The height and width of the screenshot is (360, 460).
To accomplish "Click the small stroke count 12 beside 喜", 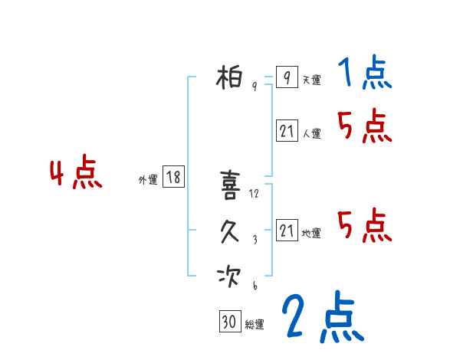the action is pos(255,194).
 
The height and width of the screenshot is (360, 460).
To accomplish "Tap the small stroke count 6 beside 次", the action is pos(254,286).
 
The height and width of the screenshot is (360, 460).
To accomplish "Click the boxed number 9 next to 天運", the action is pos(286,77).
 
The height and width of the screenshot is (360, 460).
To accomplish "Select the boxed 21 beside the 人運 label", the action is pos(287,131).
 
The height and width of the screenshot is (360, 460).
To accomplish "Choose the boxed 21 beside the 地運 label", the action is pos(287,231).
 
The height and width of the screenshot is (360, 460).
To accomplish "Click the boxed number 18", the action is pos(173,178).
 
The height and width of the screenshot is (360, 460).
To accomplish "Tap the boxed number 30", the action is pos(228,322).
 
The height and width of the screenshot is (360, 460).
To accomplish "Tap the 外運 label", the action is pos(148,180).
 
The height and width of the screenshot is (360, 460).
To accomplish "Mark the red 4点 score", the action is pos(76,174).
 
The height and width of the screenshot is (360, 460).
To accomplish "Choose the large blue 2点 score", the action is pos(322,316).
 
